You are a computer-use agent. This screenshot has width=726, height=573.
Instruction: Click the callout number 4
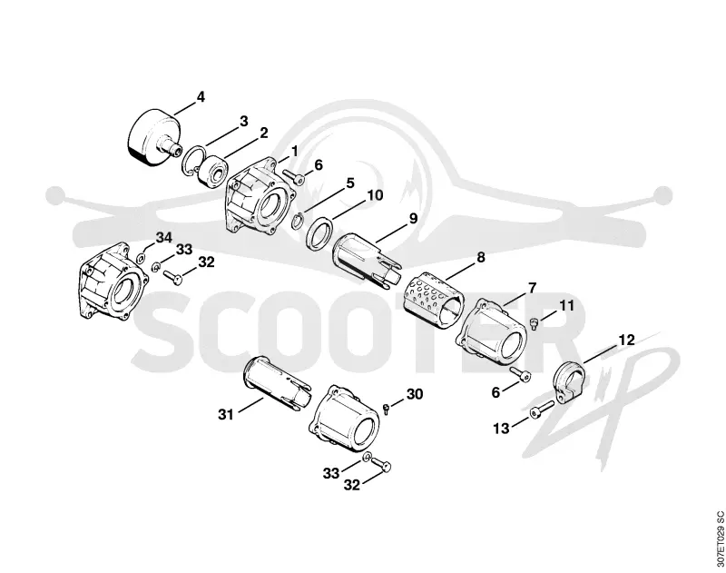[x=200, y=97]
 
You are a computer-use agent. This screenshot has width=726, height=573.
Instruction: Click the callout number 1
[x=294, y=151]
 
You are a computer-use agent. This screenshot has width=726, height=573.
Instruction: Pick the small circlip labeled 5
[x=297, y=220]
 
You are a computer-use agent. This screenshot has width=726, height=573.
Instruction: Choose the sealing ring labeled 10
[x=319, y=234]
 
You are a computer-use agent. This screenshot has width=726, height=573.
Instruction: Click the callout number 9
[x=413, y=218]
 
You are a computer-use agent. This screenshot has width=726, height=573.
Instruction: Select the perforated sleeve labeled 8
[x=434, y=301]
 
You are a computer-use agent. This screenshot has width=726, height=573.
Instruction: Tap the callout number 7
[x=532, y=288]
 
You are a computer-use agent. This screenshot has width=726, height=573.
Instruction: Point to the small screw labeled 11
[x=535, y=323]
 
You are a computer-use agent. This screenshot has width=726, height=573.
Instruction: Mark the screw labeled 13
[x=542, y=408]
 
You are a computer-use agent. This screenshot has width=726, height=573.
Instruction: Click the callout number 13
[x=501, y=429]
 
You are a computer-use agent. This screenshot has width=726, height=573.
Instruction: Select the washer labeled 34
[x=142, y=256]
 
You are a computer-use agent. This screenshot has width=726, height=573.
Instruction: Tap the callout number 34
[x=163, y=238]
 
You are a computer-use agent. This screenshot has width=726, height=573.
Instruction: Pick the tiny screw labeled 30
[x=387, y=408]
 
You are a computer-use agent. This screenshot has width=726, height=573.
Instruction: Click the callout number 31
[x=225, y=415]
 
